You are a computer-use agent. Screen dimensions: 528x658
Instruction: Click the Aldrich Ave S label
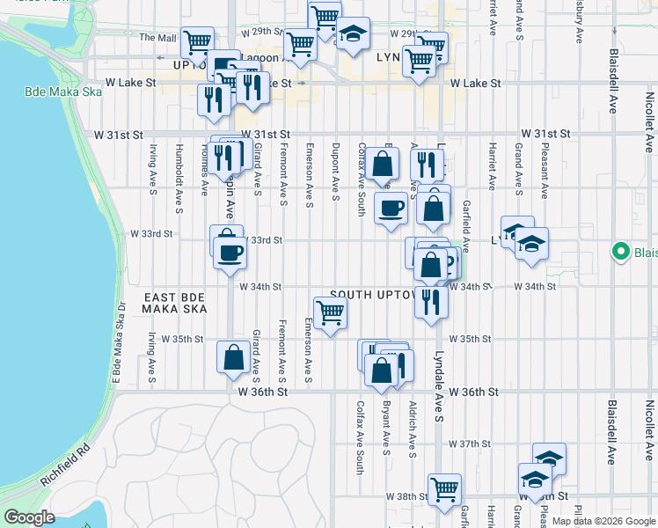(412, 428)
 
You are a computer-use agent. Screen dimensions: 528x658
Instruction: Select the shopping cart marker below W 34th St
(330, 312)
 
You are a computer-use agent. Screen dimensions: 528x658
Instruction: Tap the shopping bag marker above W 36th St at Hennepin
(233, 357)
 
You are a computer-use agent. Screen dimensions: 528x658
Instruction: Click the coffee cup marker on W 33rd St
(230, 253)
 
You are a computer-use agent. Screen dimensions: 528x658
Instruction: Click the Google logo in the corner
(30, 517)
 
